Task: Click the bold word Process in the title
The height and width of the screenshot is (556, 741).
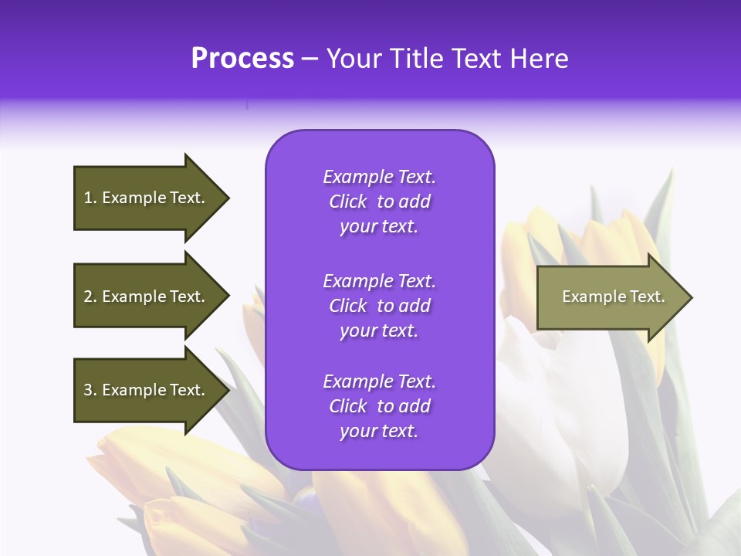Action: coord(242,59)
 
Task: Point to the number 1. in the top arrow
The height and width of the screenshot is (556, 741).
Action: coord(90,198)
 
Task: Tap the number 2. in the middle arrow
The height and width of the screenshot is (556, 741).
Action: coord(90,297)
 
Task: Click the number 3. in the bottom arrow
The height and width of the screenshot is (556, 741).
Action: coord(90,390)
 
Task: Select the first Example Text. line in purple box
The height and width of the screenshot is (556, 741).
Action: coord(379,177)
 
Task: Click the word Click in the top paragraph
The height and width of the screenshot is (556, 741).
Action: coord(347,202)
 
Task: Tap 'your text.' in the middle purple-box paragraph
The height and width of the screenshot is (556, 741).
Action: coord(379,331)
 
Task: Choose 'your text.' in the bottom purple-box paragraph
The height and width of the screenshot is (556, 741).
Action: coord(379,431)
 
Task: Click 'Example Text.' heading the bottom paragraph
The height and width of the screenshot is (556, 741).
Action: coord(379,381)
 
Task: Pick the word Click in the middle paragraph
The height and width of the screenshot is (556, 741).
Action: coord(347,306)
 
